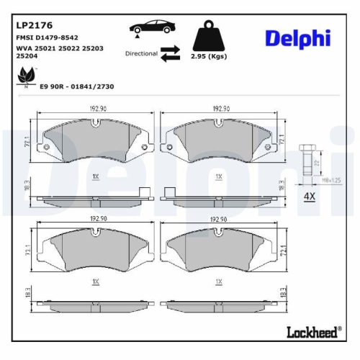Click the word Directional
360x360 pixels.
coord(140,53)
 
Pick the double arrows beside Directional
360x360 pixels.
coord(170,53)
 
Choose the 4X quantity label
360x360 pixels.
coord(310,196)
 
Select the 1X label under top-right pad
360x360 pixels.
coord(218,176)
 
